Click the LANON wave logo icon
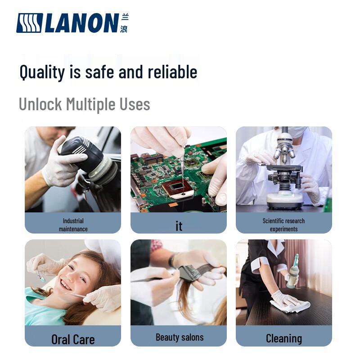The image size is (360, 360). pos(29,23)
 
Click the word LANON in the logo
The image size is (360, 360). pos(82,23)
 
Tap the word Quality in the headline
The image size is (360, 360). pos(42,72)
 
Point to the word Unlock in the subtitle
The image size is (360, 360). pos(40,104)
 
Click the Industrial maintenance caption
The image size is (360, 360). pos(73,225)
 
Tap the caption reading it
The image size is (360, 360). pos(179,226)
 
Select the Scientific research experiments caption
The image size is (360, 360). pos(284,225)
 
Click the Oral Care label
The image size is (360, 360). pos(73,339)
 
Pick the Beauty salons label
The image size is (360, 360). pos(180,337)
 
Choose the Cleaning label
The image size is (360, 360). pos(284,338)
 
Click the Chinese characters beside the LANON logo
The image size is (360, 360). pos(124,23)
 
